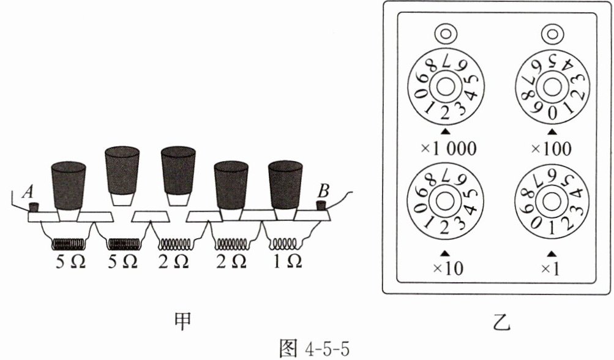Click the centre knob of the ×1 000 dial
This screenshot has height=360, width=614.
coord(446,86)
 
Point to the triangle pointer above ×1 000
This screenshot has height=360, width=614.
coord(446,131)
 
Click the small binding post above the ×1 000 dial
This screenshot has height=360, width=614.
coord(445,32)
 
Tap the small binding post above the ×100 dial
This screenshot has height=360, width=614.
coord(552,32)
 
